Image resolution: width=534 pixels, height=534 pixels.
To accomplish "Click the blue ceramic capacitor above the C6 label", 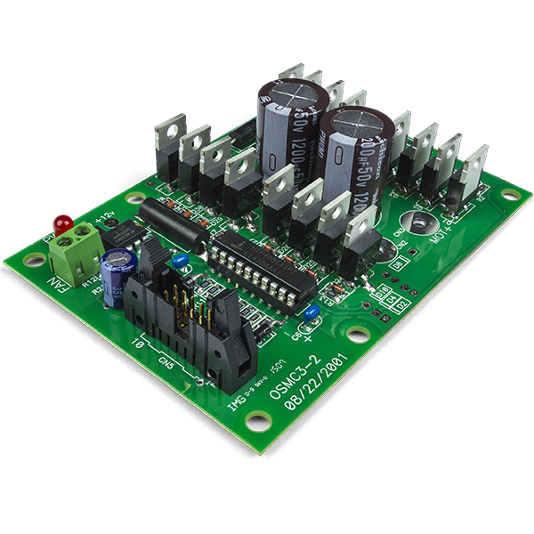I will pos(311,312).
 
